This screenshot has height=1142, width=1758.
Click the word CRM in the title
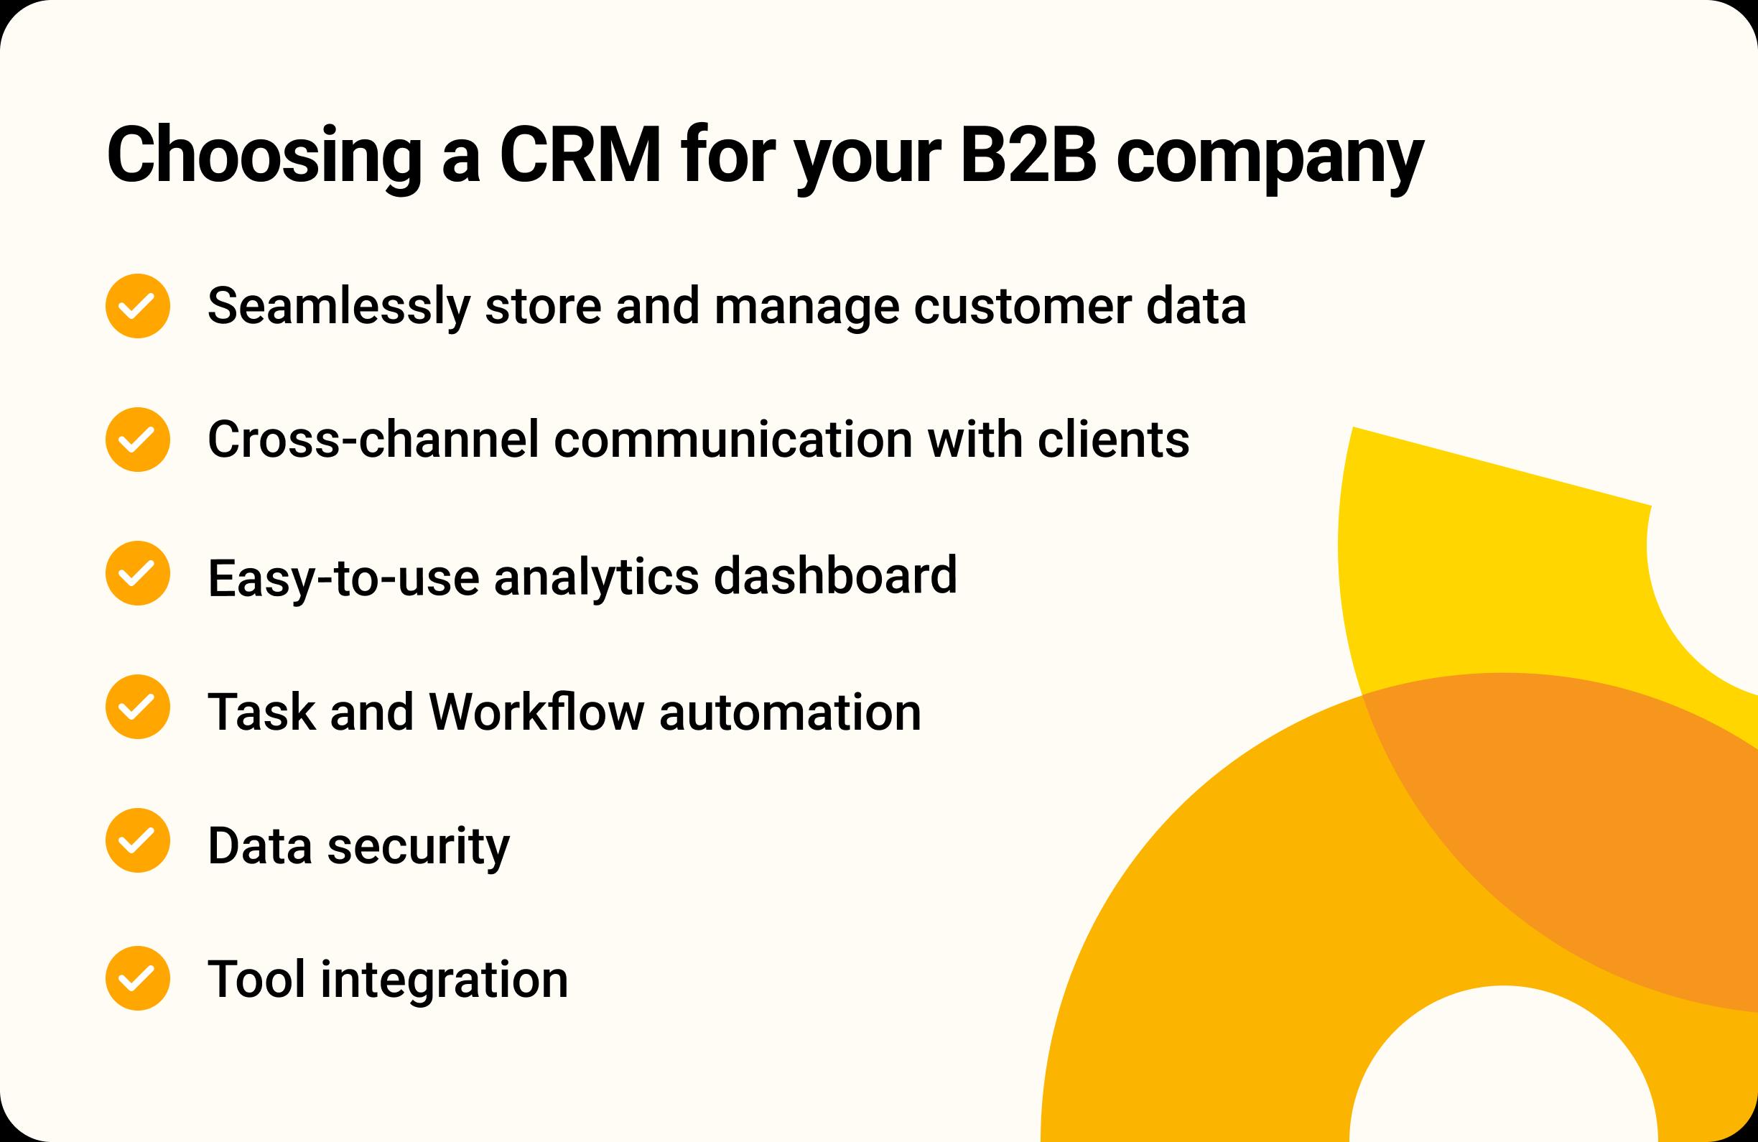pyautogui.click(x=580, y=155)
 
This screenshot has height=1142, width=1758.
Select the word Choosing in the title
pyautogui.click(x=264, y=157)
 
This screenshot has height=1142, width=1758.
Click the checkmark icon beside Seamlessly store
pyautogui.click(x=138, y=306)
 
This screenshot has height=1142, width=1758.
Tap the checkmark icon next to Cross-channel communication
pyautogui.click(x=138, y=440)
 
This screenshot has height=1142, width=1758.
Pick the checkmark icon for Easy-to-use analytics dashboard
pyautogui.click(x=138, y=573)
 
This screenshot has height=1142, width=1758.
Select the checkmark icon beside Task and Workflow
pyautogui.click(x=138, y=707)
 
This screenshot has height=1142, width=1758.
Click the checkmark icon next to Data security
pyautogui.click(x=138, y=840)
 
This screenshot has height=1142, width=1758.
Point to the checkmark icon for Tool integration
pyautogui.click(x=138, y=979)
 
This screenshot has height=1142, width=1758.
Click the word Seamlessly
pyautogui.click(x=339, y=307)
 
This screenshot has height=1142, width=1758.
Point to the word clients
pyautogui.click(x=1113, y=440)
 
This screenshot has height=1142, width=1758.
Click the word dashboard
pyautogui.click(x=835, y=575)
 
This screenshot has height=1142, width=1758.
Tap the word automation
pyautogui.click(x=791, y=712)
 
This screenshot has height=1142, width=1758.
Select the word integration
pyautogui.click(x=445, y=980)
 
